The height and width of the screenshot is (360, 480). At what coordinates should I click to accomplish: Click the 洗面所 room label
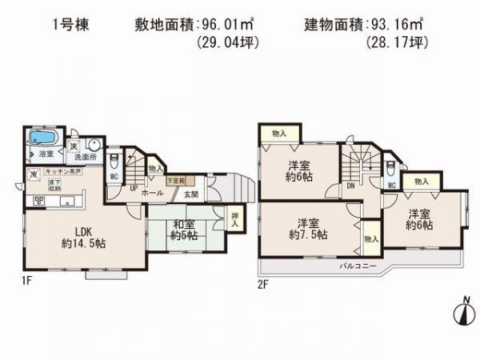click(x=83, y=156)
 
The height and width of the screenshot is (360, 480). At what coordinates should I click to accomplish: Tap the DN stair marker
click(x=350, y=185)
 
